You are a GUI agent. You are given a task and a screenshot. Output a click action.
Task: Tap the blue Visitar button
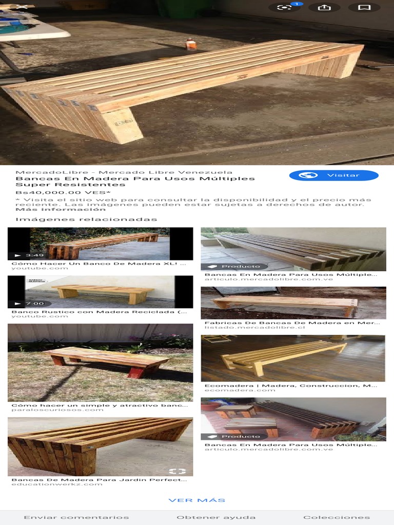333,175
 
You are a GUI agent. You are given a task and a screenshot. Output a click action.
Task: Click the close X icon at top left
22,7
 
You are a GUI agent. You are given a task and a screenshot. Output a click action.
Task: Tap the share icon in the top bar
324,8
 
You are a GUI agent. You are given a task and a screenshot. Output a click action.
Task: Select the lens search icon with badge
284,8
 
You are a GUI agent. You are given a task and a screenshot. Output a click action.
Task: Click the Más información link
61,209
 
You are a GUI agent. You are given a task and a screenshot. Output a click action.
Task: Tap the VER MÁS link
196,500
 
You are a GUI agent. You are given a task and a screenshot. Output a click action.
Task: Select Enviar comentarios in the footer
76,517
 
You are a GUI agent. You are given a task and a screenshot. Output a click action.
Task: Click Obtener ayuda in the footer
216,517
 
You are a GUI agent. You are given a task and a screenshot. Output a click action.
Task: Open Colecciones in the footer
336,517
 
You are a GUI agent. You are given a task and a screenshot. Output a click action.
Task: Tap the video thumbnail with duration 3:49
100,244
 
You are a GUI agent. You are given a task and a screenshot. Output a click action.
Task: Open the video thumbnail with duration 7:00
100,292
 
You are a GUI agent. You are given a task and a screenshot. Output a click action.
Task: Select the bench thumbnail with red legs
100,362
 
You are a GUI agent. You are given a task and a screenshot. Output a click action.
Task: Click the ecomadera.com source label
240,390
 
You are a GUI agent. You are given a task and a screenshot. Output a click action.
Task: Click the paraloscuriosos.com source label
57,410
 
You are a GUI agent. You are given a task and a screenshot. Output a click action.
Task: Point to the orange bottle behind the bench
191,44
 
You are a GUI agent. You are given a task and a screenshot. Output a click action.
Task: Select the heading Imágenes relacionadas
86,219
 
